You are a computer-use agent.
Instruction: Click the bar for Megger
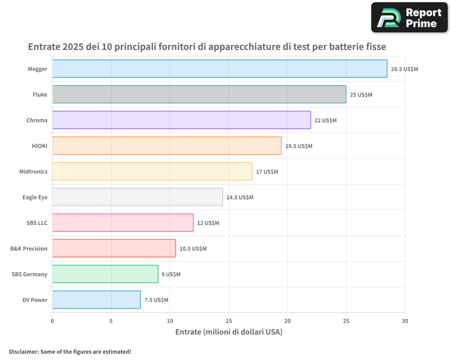(x=220, y=69)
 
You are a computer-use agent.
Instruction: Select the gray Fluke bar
(x=199, y=94)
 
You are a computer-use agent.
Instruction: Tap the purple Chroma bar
(x=181, y=120)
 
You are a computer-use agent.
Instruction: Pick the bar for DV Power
(x=96, y=300)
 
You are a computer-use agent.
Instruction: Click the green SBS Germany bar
(x=105, y=274)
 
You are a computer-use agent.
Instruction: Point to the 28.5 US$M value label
(x=405, y=69)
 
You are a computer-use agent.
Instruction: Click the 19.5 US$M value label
(x=299, y=146)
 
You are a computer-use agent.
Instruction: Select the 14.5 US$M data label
(x=240, y=198)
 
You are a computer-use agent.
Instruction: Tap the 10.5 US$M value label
(x=193, y=249)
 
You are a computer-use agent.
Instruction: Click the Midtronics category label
(x=33, y=171)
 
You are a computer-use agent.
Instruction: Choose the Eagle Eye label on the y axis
(x=35, y=197)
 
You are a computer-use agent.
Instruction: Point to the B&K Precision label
(x=29, y=248)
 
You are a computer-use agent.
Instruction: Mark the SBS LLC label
(x=37, y=223)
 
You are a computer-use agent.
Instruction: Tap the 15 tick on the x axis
(x=229, y=321)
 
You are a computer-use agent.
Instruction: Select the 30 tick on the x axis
(x=405, y=321)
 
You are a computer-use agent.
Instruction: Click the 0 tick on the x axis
(x=53, y=321)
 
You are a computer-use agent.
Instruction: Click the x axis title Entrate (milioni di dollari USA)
(x=229, y=332)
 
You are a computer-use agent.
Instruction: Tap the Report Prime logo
(x=409, y=18)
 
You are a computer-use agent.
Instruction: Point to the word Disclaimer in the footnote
(x=23, y=351)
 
